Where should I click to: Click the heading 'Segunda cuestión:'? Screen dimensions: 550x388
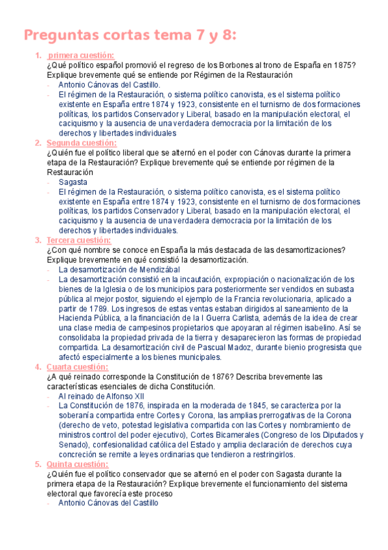pyautogui.click(x=82, y=143)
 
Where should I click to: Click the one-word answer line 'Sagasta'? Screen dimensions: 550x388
pyautogui.click(x=73, y=182)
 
